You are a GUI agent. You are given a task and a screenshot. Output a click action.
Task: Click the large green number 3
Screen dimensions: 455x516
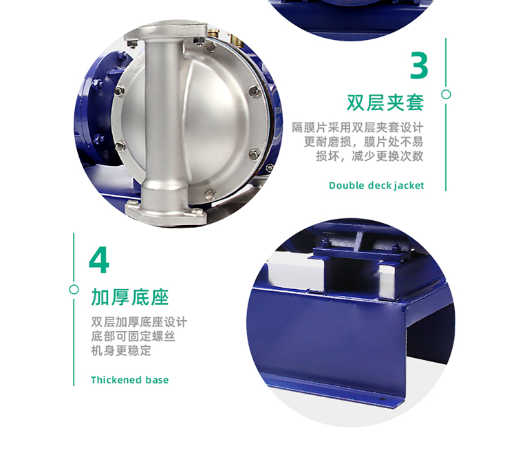pyautogui.click(x=419, y=65)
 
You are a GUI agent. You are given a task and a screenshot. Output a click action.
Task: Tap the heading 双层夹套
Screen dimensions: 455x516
pyautogui.click(x=385, y=103)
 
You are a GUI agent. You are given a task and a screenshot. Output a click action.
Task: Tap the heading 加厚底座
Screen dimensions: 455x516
pyautogui.click(x=129, y=297)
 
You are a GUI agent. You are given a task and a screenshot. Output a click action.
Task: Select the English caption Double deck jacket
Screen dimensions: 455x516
pyautogui.click(x=376, y=185)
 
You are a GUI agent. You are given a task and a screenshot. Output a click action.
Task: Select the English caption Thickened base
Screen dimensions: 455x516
pyautogui.click(x=129, y=380)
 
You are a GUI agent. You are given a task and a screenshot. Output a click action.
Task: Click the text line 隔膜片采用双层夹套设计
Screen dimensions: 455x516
pyautogui.click(x=357, y=127)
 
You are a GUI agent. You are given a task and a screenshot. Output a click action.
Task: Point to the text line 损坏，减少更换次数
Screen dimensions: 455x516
pyautogui.click(x=369, y=156)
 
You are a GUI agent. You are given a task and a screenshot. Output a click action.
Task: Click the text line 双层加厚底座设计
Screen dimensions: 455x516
pyautogui.click(x=138, y=322)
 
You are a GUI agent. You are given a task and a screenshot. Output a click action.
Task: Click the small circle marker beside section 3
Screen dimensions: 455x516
pyautogui.click(x=446, y=94)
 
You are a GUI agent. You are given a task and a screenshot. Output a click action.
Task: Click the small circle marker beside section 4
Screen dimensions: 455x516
pyautogui.click(x=74, y=290)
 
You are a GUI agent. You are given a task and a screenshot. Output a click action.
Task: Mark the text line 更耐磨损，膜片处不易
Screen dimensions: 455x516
pyautogui.click(x=363, y=142)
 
